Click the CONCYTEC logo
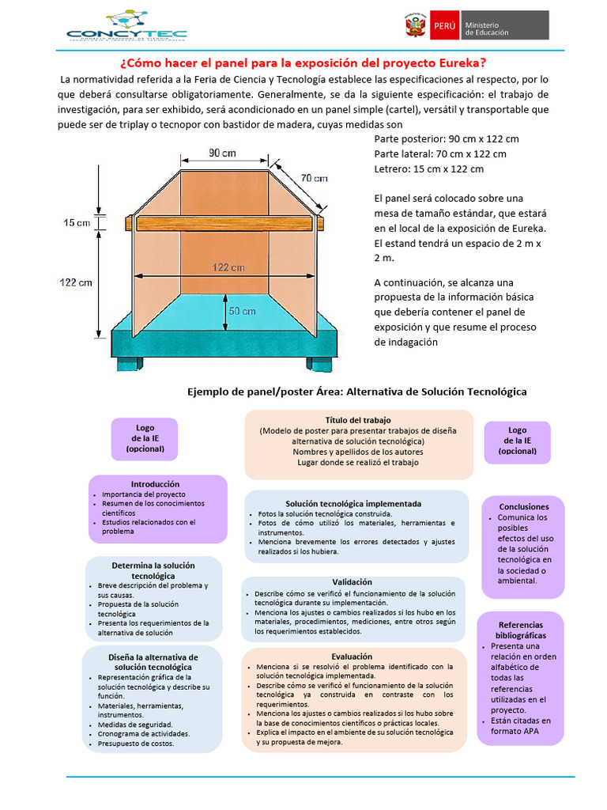click(126, 26)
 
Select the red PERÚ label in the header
click(444, 25)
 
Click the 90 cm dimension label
click(222, 153)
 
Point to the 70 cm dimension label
click(314, 178)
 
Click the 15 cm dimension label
click(77, 223)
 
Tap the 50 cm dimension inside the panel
click(242, 312)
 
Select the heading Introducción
click(156, 484)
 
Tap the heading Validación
click(352, 582)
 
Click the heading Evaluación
click(352, 657)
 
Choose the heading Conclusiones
click(523, 506)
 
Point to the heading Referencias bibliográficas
click(521, 630)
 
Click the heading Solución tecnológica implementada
click(353, 503)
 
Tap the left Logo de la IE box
click(145, 438)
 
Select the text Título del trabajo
click(358, 419)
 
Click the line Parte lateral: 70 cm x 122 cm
click(440, 153)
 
